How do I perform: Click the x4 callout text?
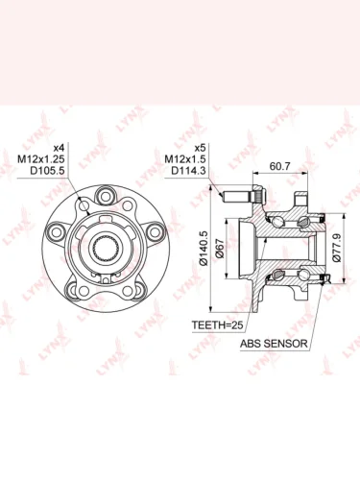[59, 148]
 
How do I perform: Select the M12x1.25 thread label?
[41, 159]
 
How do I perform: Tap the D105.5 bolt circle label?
[47, 171]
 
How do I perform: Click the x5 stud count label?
[200, 148]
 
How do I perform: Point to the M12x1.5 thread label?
[185, 159]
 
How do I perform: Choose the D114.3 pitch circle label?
[188, 171]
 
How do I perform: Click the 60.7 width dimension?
[279, 166]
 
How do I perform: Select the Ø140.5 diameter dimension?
[204, 248]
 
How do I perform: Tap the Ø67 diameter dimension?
[220, 248]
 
